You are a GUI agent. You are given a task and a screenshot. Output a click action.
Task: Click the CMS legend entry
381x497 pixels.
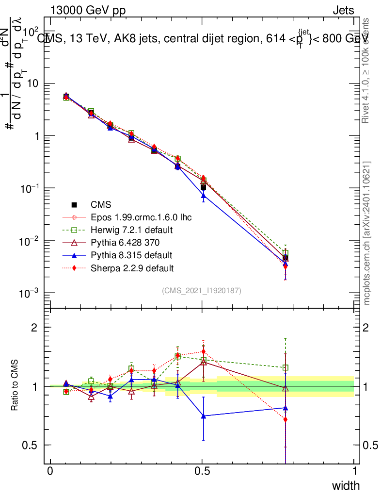pyautogui.click(x=101, y=205)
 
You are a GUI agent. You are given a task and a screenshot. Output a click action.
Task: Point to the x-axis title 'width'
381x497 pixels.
pyautogui.click(x=346, y=485)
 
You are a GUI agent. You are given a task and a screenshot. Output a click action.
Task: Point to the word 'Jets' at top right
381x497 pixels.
pyautogui.click(x=343, y=10)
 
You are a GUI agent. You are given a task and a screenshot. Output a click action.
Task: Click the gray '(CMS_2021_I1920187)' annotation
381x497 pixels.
pyautogui.click(x=202, y=290)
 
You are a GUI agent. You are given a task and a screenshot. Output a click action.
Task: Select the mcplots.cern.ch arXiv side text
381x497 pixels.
pyautogui.click(x=367, y=233)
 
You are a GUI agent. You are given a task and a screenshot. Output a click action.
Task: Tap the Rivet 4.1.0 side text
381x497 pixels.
pyautogui.click(x=367, y=70)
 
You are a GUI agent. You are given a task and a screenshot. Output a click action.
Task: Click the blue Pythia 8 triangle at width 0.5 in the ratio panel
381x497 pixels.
pyautogui.click(x=204, y=416)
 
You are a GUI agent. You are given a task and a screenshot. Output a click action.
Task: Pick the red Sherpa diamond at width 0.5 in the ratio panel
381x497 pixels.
pyautogui.click(x=204, y=351)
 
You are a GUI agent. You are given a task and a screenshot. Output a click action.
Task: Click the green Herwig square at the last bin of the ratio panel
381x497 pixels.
pyautogui.click(x=286, y=367)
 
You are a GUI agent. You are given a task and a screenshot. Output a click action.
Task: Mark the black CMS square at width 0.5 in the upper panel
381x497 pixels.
pyautogui.click(x=204, y=187)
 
